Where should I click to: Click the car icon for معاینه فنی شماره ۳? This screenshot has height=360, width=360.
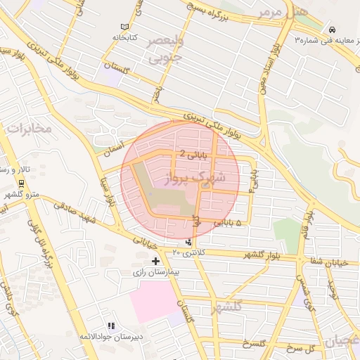[x=330, y=30]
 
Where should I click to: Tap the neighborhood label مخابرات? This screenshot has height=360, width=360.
[x=28, y=128]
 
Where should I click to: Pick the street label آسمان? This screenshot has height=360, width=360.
[x=112, y=146]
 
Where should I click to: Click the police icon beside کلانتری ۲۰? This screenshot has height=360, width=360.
[x=188, y=243]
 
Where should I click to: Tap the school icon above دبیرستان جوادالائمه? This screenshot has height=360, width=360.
[x=110, y=326]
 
